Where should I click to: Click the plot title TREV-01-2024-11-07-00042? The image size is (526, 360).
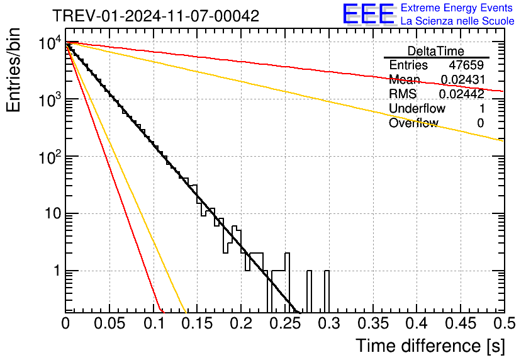pyautogui.click(x=155, y=16)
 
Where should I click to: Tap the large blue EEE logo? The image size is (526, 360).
pyautogui.click(x=369, y=14)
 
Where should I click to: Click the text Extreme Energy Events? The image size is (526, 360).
pyautogui.click(x=457, y=8)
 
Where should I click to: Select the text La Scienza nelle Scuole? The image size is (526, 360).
pyautogui.click(x=457, y=21)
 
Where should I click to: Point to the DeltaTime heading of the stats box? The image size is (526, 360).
pyautogui.click(x=435, y=51)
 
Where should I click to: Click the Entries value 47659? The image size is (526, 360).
pyautogui.click(x=466, y=65)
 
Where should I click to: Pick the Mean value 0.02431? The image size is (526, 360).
pyautogui.click(x=462, y=80)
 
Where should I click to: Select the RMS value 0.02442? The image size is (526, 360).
pyautogui.click(x=462, y=94)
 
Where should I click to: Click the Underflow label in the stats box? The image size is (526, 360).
pyautogui.click(x=417, y=109)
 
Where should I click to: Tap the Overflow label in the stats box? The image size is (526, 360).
pyautogui.click(x=413, y=123)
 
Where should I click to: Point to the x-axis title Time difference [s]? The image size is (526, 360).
pyautogui.click(x=430, y=346)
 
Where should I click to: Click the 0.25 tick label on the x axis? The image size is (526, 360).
pyautogui.click(x=284, y=323)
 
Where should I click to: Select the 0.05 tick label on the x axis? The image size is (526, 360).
pyautogui.click(x=109, y=323)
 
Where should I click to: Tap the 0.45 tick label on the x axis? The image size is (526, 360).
pyautogui.click(x=460, y=323)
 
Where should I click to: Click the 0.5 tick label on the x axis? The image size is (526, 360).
pyautogui.click(x=503, y=323)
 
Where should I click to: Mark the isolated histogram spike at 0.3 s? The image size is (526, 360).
pyautogui.click(x=327, y=291)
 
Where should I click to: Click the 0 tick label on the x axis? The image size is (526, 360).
pyautogui.click(x=65, y=323)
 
